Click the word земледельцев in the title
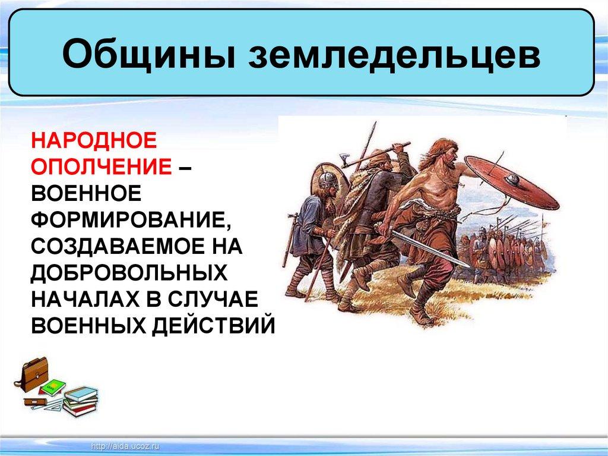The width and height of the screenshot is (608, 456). pos(394,54)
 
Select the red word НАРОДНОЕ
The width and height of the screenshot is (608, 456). pos(94,140)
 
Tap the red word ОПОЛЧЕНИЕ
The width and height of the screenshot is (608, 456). pos(102,166)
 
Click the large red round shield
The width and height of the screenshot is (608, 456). pos(511,183)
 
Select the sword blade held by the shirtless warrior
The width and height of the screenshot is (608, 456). pos(430,249)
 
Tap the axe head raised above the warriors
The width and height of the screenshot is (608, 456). pos(345,161)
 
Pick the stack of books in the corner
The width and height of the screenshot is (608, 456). pos(80,402)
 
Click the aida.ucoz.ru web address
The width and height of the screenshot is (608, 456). pos(125,446)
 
